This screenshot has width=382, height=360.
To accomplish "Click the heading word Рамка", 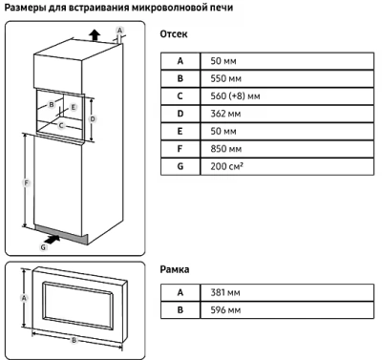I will (x=176, y=269).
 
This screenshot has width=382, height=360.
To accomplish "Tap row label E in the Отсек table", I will (x=179, y=131).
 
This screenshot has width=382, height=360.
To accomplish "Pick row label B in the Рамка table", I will (x=179, y=310).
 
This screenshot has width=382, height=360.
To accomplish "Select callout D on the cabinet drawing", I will (x=94, y=117).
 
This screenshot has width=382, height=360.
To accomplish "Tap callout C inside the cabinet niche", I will (x=61, y=124).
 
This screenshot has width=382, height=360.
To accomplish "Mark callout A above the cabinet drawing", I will (x=119, y=30).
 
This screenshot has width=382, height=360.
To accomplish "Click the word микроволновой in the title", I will (x=189, y=9).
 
